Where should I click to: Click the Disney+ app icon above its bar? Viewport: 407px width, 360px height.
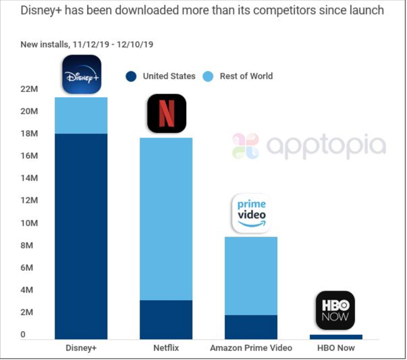coord(81,74)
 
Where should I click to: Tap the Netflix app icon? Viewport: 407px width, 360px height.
coord(166,113)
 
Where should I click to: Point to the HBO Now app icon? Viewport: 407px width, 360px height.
coord(335,310)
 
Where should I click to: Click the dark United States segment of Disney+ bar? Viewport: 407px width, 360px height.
coord(81,236)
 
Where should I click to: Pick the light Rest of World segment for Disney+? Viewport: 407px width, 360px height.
coord(81,116)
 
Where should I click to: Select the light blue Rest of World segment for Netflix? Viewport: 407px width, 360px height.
coord(166,219)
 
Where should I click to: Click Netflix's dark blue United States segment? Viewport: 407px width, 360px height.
coord(166,320)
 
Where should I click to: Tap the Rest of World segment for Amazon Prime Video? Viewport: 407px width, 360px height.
coord(251,276)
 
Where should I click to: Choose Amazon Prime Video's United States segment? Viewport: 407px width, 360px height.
coord(251,327)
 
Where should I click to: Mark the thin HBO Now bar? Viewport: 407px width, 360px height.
coord(336,337)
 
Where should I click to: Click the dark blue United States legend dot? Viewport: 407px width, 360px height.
coord(131,77)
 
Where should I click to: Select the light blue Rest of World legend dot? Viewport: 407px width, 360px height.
coord(208,77)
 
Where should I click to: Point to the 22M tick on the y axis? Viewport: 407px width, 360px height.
coord(29,89)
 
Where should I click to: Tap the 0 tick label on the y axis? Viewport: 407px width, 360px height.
coord(23,335)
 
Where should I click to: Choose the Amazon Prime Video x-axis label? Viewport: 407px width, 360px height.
coord(251,348)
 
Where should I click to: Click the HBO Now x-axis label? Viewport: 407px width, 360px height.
coord(336,348)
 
